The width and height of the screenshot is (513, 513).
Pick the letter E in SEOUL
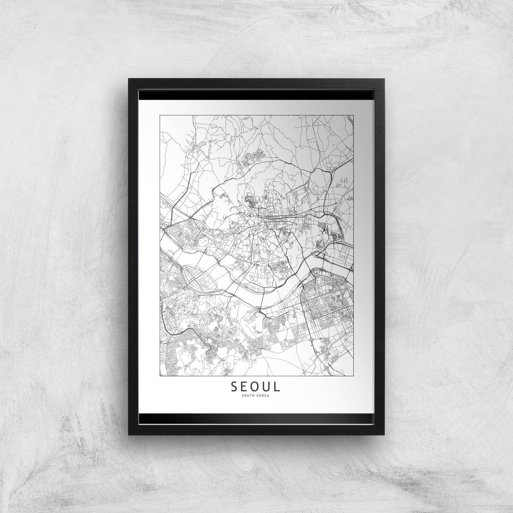[245, 387]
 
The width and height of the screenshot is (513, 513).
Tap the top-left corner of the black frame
[129, 79]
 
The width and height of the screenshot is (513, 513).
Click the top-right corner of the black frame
[384, 79]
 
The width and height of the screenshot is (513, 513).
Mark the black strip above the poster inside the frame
[256, 95]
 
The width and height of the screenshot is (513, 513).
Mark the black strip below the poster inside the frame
[256, 418]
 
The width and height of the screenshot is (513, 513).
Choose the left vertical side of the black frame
[133, 256]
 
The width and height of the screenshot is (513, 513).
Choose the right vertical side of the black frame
[380, 256]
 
